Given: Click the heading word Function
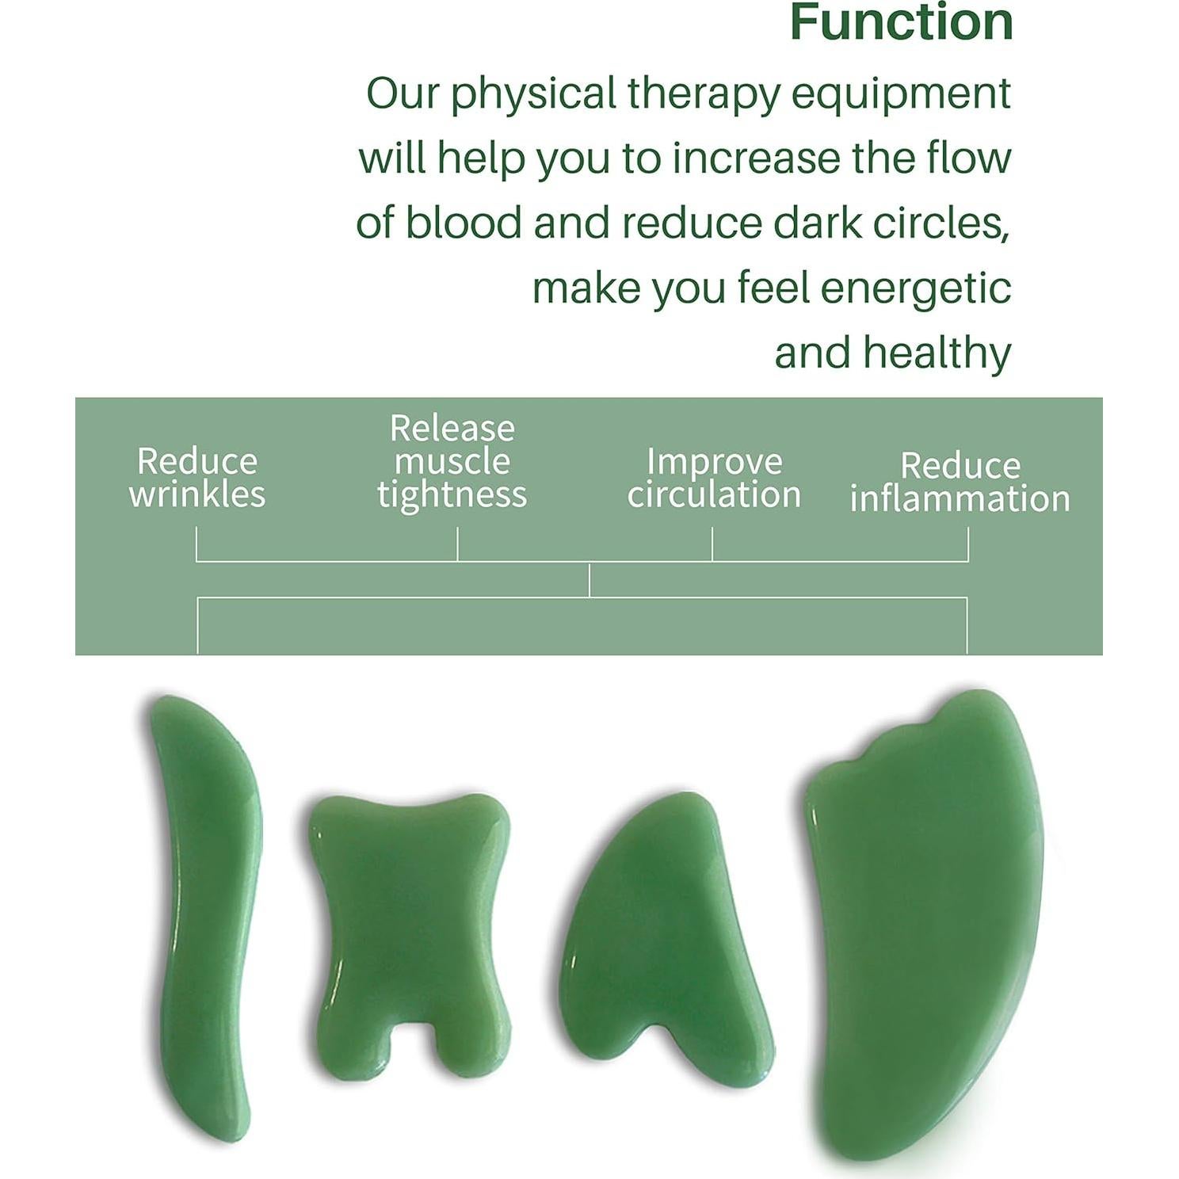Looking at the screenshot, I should coord(901,22).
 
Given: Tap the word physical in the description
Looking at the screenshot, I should coord(533,94).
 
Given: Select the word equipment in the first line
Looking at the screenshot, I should coord(901,94).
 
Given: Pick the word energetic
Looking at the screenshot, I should coord(915,288).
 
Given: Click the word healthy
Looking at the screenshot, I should coord(937,353).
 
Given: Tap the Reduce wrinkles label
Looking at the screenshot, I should coord(197,477).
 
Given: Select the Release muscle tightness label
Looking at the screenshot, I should coord(452,461).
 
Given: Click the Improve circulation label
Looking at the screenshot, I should coord(714,478).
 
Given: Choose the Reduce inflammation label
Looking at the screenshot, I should coord(960,482).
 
